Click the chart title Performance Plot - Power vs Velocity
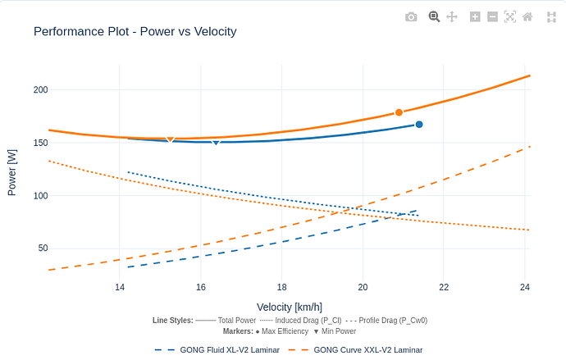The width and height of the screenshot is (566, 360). pyautogui.click(x=135, y=32)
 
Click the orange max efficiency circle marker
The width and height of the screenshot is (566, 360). pyautogui.click(x=399, y=112)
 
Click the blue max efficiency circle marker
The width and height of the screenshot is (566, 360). pyautogui.click(x=419, y=125)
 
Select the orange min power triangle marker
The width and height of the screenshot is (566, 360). pyautogui.click(x=171, y=140)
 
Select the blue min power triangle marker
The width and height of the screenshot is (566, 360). pyautogui.click(x=217, y=143)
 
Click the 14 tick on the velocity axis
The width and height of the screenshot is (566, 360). pyautogui.click(x=120, y=287)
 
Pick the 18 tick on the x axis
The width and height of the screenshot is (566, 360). pyautogui.click(x=281, y=287)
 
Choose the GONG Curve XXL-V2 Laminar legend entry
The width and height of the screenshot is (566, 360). pyautogui.click(x=367, y=350)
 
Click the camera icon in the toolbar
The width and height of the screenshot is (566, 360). pyautogui.click(x=411, y=16)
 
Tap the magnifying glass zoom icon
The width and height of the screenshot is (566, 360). pyautogui.click(x=434, y=16)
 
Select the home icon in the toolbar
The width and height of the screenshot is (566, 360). pyautogui.click(x=527, y=16)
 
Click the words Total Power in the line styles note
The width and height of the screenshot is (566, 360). pyautogui.click(x=236, y=321)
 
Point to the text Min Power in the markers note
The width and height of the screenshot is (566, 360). pyautogui.click(x=338, y=332)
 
